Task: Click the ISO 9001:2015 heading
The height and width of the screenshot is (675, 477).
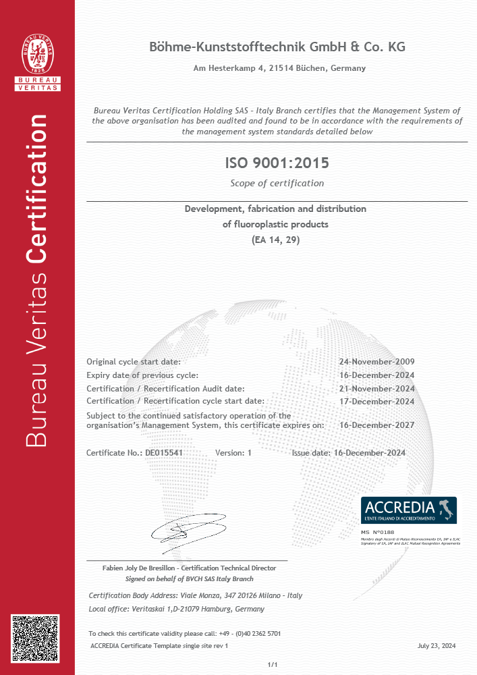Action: pos(277,163)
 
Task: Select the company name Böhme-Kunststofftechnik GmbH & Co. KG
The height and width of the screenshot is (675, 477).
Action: pos(277,47)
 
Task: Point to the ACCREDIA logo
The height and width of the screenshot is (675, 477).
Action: pos(409,510)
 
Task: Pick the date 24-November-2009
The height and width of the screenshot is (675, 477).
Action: pos(376,362)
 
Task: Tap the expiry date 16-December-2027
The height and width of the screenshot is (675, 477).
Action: pos(376,425)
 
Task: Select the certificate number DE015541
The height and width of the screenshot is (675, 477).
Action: pos(164,453)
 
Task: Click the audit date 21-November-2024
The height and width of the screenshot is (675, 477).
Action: pos(376,388)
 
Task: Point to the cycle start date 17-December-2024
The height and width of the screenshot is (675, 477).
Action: pos(376,401)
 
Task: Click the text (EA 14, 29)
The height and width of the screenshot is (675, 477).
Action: pos(276,240)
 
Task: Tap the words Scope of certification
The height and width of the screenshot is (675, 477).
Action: pos(277,183)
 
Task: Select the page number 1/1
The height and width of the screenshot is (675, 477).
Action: pos(273,666)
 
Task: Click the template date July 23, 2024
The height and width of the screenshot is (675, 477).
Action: pos(437,646)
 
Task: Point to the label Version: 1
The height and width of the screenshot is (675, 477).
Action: pos(233,453)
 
